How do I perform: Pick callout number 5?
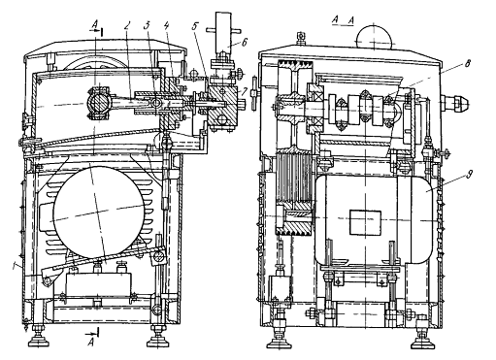(x=194, y=26)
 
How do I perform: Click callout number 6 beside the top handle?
(x=245, y=42)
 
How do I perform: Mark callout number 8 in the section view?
(x=467, y=64)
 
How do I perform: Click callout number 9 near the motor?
(x=469, y=175)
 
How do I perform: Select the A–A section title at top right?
(x=343, y=20)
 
